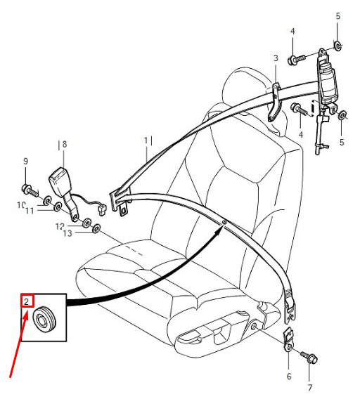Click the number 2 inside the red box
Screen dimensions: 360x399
point(27,302)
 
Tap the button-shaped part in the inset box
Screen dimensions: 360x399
point(44,320)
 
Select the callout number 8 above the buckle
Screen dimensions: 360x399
point(65,144)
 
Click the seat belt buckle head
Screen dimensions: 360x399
point(58,181)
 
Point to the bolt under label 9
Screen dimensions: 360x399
point(30,191)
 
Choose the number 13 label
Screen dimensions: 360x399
point(67,233)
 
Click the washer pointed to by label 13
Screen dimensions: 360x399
point(96,228)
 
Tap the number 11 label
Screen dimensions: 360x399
point(30,211)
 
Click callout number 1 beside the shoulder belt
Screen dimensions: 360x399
point(146,140)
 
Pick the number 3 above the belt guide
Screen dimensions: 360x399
point(276,58)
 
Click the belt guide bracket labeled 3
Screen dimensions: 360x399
point(275,102)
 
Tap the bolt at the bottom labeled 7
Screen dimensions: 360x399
point(309,358)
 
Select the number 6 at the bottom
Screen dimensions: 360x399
point(289,377)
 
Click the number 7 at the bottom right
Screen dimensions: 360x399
point(310,388)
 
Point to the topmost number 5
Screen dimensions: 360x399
point(337,16)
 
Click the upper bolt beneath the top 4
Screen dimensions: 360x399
point(296,60)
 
